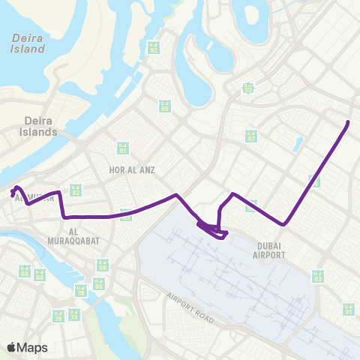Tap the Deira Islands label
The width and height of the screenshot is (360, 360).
point(39,125)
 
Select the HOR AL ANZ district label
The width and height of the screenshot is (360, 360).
point(132,170)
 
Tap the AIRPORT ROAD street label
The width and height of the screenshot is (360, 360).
point(190,308)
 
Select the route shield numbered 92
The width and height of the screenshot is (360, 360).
point(154,46)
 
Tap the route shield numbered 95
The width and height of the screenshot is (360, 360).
point(163,106)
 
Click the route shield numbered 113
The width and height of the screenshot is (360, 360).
point(247,89)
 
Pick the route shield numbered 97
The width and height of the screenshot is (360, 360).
point(251,136)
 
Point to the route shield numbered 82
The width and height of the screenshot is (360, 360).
point(75,190)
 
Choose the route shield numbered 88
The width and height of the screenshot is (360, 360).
point(25,271)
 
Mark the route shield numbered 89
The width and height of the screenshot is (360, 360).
point(103,265)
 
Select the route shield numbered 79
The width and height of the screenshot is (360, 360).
point(58,316)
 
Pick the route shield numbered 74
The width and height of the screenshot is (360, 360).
point(73,316)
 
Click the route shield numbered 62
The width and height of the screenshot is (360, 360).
point(318,277)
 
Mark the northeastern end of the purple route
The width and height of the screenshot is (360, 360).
point(349,121)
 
